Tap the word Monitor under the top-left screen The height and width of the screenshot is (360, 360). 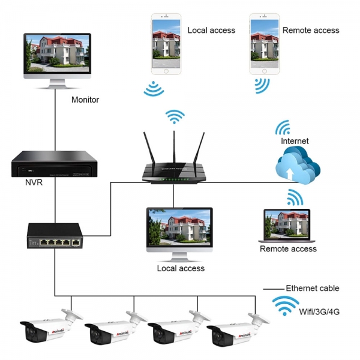85,100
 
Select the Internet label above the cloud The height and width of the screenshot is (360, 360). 295,141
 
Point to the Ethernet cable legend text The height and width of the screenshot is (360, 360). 312,288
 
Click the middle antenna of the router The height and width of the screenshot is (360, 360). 174,147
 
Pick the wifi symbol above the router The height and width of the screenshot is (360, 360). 175,116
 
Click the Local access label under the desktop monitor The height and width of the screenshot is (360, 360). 180,268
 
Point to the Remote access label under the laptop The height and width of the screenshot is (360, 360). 288,248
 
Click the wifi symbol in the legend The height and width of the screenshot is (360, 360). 286,307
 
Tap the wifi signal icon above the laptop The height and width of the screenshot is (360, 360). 293,197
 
